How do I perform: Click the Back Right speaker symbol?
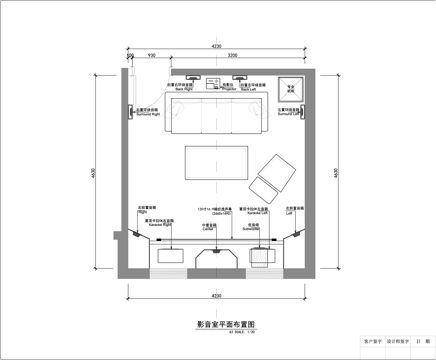[x=190, y=76]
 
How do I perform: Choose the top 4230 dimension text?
[x=216, y=47]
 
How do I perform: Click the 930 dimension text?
[x=151, y=56]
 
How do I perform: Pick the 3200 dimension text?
[x=232, y=56]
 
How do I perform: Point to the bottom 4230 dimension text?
[x=216, y=297]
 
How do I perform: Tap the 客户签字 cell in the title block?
[x=372, y=341]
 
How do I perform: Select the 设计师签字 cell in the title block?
[x=397, y=341]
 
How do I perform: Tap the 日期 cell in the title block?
[x=422, y=341]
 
